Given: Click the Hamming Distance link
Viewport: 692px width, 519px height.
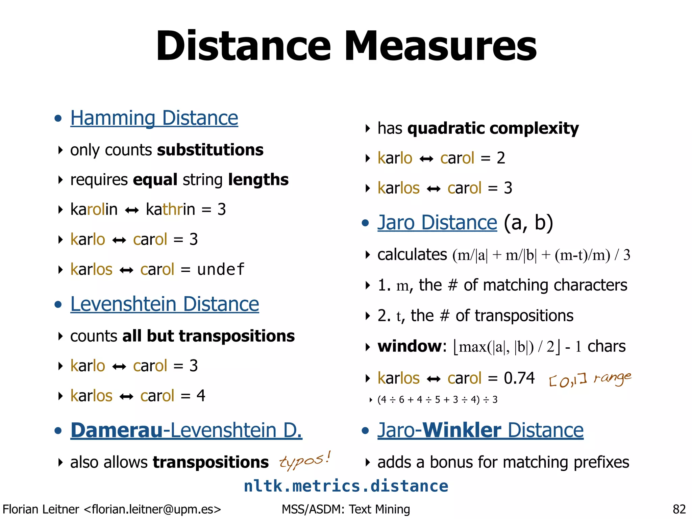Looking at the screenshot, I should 154,118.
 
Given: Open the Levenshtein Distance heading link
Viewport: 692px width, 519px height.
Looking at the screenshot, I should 165,304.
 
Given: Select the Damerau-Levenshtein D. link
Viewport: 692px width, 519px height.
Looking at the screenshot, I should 186,430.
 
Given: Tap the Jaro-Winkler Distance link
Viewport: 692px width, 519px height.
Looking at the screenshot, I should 480,430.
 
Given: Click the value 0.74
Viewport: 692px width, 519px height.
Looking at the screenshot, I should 519,378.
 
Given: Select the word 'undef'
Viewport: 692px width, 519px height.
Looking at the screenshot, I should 221,269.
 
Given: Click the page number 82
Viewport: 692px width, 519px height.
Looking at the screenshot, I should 679,509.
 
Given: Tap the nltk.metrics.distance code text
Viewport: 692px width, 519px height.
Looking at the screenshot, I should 346,486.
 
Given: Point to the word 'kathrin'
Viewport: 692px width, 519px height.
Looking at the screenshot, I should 170,209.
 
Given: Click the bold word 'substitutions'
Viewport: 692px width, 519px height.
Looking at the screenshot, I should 210,150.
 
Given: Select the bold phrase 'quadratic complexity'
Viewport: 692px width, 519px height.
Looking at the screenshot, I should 493,128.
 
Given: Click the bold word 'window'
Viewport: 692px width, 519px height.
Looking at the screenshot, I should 410,346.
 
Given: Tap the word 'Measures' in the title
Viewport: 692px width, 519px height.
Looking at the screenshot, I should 440,46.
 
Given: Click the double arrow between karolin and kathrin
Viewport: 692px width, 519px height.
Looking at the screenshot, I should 131,211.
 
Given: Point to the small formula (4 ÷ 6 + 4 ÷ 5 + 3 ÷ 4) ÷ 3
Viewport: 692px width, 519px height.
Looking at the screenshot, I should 438,400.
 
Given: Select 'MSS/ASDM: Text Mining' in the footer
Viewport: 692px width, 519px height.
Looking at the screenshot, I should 346,509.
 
